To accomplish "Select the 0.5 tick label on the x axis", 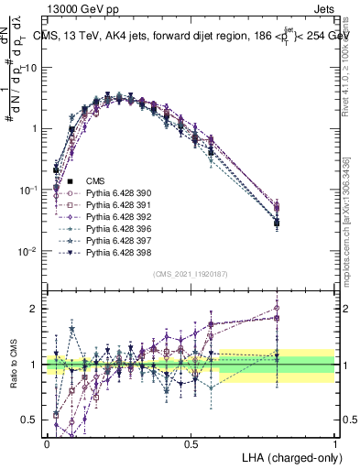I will coord(191,442).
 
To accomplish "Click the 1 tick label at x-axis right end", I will coord(334,442).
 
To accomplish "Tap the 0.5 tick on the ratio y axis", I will coord(29,420).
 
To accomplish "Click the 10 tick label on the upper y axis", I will coord(31,68).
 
